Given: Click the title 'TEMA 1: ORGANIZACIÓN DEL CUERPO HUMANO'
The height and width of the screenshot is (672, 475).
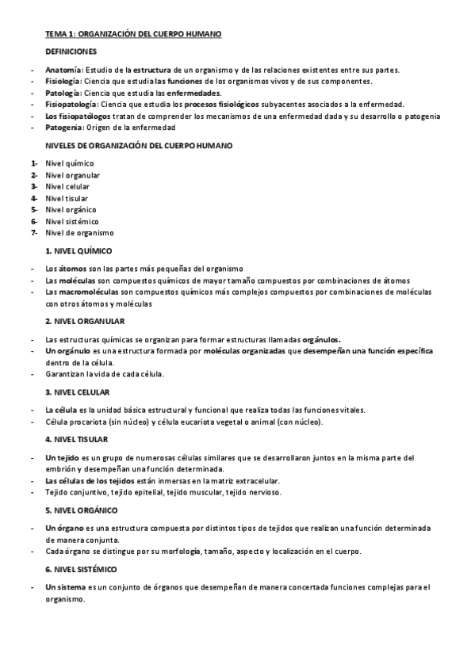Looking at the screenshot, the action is coord(133,34).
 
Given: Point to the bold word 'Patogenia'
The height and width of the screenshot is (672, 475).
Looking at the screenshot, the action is coord(64,127).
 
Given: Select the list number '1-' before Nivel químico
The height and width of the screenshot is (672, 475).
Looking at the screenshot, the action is coord(34,163).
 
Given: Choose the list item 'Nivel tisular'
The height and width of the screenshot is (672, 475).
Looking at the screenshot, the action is coord(67,198).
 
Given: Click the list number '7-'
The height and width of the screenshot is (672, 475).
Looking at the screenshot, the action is coord(34,233).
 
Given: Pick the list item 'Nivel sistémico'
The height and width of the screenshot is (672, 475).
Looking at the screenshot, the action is coord(72,221).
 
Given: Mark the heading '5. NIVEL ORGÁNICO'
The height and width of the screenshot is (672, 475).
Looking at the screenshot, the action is coord(82,510).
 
